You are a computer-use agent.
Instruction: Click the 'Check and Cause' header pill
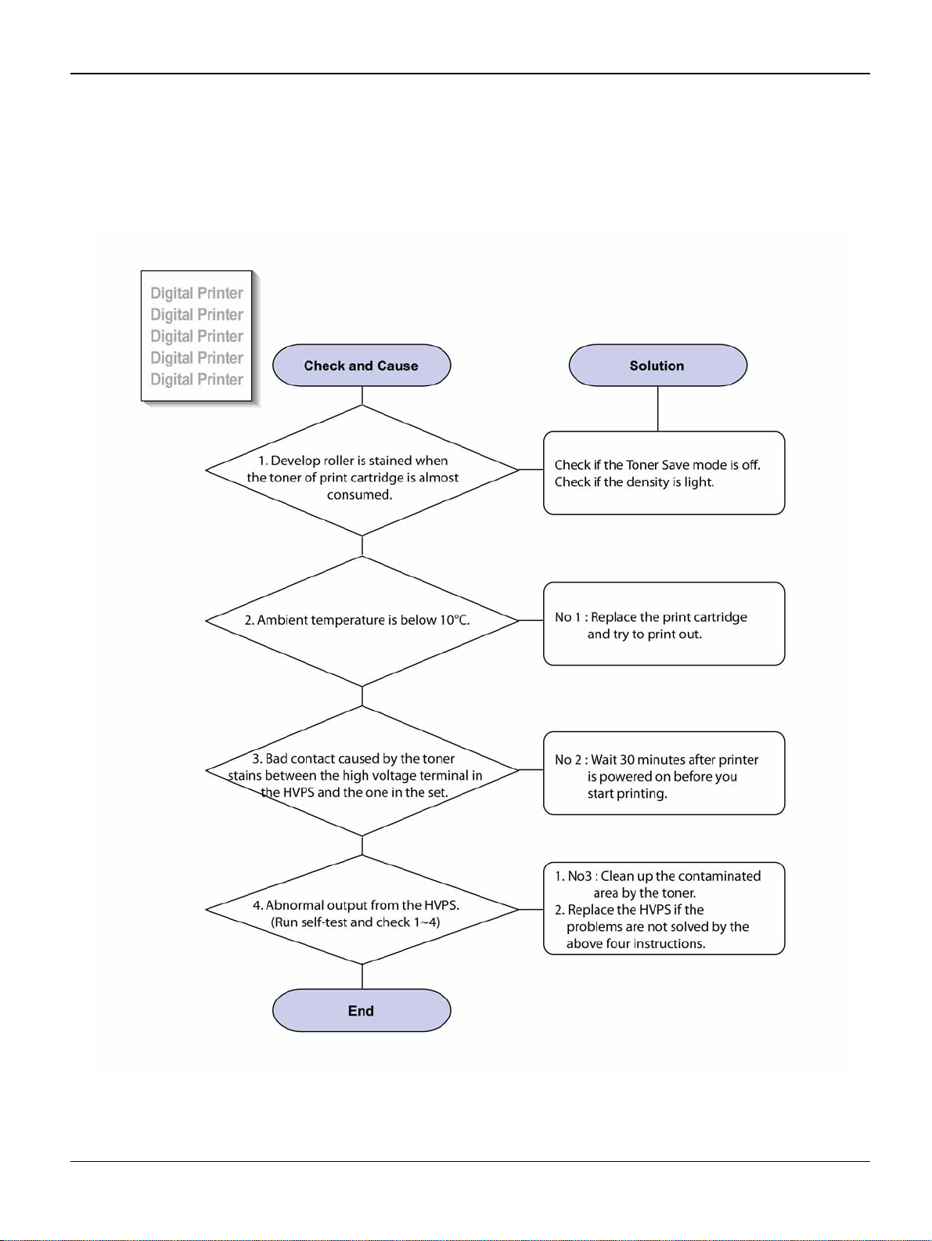[362, 365]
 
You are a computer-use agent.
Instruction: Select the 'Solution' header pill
[657, 365]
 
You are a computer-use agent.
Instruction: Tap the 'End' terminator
[362, 1010]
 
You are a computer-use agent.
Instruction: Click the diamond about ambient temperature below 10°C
[362, 621]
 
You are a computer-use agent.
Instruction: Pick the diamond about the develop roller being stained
[362, 471]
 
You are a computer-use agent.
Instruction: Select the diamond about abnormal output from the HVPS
[362, 910]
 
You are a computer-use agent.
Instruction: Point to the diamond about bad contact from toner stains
[362, 770]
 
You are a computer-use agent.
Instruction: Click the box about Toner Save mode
[664, 473]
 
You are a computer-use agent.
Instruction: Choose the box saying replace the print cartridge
[664, 623]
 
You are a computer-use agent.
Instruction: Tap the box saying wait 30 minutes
[664, 773]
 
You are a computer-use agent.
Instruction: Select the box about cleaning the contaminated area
[664, 908]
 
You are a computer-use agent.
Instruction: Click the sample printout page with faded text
[196, 336]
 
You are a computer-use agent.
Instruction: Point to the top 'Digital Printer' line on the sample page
[196, 293]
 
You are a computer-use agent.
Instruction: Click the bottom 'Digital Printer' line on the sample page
[196, 380]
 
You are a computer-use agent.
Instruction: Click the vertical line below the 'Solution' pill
[658, 409]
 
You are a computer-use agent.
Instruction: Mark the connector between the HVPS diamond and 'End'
[362, 976]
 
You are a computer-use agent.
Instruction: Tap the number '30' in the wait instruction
[627, 759]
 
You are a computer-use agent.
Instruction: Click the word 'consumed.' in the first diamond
[359, 495]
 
